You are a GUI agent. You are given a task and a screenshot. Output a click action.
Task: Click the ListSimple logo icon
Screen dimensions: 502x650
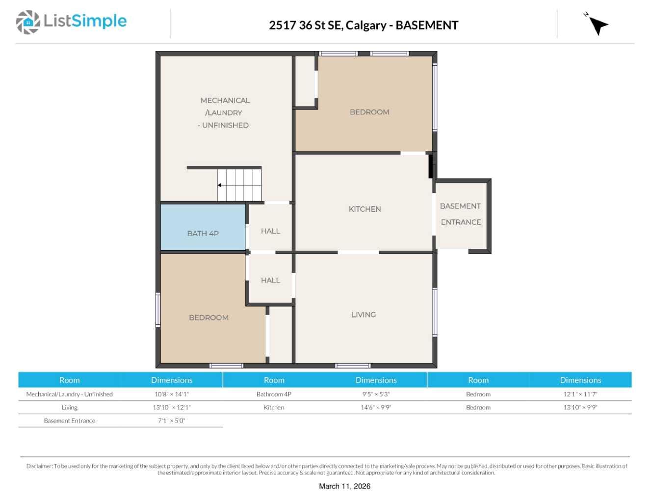(28, 22)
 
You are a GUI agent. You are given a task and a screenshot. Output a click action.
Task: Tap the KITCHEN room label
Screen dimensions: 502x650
(364, 209)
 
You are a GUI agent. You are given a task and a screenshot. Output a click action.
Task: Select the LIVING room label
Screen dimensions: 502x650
(364, 315)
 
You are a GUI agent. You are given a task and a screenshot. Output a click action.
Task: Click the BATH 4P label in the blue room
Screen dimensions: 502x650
(203, 234)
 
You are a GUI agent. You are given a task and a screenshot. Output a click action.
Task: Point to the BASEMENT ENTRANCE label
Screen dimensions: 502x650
(461, 214)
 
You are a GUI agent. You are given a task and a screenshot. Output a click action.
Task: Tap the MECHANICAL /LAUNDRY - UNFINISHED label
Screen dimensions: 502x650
(225, 113)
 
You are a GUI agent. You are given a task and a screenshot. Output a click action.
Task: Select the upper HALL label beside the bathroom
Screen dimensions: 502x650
(270, 231)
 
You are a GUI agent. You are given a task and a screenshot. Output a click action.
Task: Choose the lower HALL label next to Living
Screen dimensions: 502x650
(270, 280)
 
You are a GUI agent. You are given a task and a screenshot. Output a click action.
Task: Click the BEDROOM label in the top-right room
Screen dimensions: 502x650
(369, 112)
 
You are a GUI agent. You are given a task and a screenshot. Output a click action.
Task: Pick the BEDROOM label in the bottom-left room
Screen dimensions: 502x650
(208, 317)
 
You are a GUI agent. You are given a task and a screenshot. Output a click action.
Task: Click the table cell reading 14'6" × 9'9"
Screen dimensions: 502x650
(376, 407)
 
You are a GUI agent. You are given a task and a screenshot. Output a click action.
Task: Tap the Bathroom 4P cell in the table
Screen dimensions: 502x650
(274, 394)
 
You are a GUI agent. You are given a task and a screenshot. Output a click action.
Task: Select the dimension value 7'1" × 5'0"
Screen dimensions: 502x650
(171, 421)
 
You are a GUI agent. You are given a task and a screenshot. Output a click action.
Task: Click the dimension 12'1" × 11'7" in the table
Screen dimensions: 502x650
(580, 394)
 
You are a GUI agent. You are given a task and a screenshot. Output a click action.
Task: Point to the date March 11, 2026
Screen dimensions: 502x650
(344, 486)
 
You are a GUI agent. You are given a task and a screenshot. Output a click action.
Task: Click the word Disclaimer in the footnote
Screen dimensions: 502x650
(39, 466)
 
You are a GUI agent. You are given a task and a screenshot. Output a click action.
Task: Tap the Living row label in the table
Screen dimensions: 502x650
(69, 407)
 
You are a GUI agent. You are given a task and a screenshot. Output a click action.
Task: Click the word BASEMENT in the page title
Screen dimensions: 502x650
(427, 25)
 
